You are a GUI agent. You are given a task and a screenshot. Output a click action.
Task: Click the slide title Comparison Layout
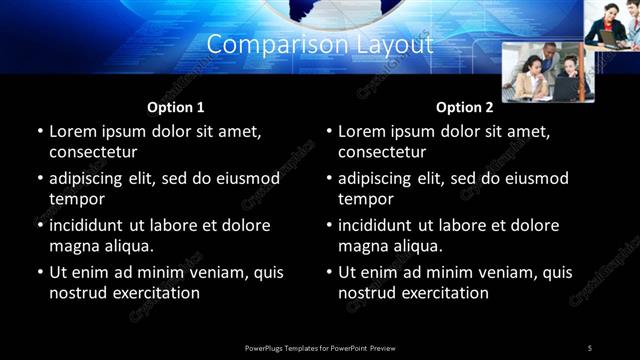pos(320,45)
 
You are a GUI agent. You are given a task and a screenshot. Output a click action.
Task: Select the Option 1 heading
pos(176,107)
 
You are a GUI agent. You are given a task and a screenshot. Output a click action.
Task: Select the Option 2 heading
pos(465,107)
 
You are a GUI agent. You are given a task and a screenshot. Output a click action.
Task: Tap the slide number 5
pos(590,347)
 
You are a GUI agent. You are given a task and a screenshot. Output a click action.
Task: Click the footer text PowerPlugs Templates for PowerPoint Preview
pos(320,347)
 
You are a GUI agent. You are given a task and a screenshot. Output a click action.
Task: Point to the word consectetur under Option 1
pos(93,152)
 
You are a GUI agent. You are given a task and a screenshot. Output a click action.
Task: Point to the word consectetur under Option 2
pos(382,152)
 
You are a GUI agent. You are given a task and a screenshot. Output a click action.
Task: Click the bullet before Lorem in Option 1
pos(39,132)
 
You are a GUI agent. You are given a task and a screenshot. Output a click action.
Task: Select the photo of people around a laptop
pos(547,72)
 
